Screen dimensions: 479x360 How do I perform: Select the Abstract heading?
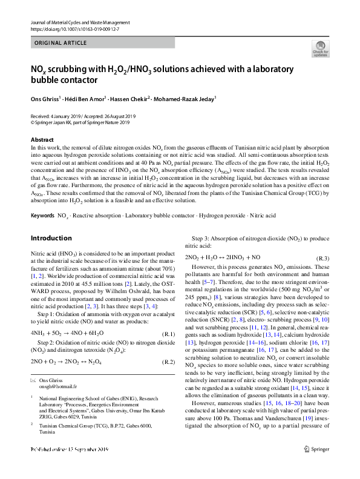point(42,140)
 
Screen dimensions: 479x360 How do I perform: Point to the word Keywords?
point(42,216)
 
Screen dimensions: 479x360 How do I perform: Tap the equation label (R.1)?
point(167,334)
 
